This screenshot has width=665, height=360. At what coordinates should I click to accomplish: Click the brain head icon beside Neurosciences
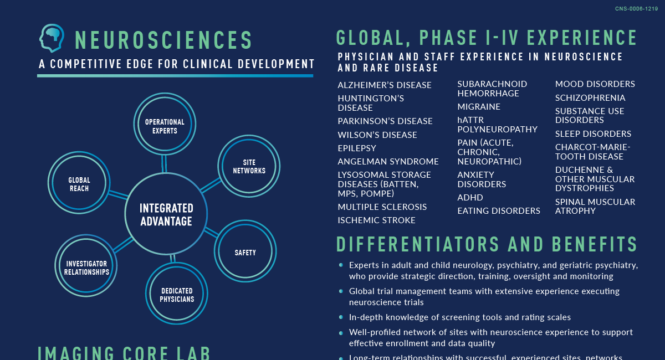tap(52, 38)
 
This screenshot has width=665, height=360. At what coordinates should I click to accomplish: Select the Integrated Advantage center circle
tap(166, 214)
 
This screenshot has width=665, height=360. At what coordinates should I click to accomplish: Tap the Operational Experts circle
tap(165, 123)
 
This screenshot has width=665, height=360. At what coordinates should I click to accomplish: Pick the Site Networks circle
tap(249, 166)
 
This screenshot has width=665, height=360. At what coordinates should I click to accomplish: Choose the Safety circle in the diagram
tap(245, 252)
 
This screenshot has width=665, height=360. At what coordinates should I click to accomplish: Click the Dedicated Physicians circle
tap(177, 294)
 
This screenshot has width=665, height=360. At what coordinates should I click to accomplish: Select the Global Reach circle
tap(79, 183)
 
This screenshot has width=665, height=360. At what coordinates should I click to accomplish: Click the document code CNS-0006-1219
tap(636, 9)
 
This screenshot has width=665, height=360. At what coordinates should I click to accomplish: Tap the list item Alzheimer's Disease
tap(385, 85)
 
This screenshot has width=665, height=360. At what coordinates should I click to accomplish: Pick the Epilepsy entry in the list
tap(357, 148)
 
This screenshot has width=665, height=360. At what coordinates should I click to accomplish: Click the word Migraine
tap(479, 107)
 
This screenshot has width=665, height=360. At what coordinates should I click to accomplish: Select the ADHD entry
tap(470, 198)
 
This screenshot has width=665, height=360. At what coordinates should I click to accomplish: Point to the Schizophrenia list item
tap(590, 98)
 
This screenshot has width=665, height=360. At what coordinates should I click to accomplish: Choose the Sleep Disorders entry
tap(593, 134)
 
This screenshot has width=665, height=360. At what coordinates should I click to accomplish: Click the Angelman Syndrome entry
tap(388, 162)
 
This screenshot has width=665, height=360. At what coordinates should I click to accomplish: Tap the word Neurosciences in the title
tap(164, 40)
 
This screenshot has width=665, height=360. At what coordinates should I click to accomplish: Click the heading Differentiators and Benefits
tap(487, 245)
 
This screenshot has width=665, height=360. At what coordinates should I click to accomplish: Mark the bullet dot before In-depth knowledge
tap(341, 317)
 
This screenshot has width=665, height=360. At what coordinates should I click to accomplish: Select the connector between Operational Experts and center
tap(164, 163)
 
